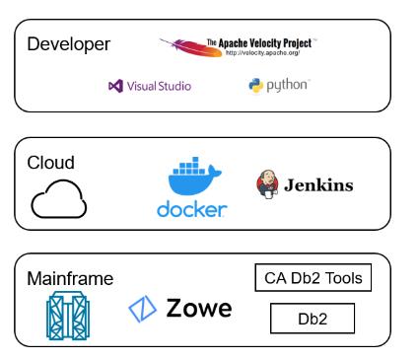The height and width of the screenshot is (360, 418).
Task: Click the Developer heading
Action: [68, 44]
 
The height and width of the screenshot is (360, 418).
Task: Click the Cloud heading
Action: [50, 162]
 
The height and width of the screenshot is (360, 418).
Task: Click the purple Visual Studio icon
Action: [112, 86]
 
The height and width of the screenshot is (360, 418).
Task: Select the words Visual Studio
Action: [157, 86]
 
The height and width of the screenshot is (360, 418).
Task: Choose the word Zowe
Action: [199, 310]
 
